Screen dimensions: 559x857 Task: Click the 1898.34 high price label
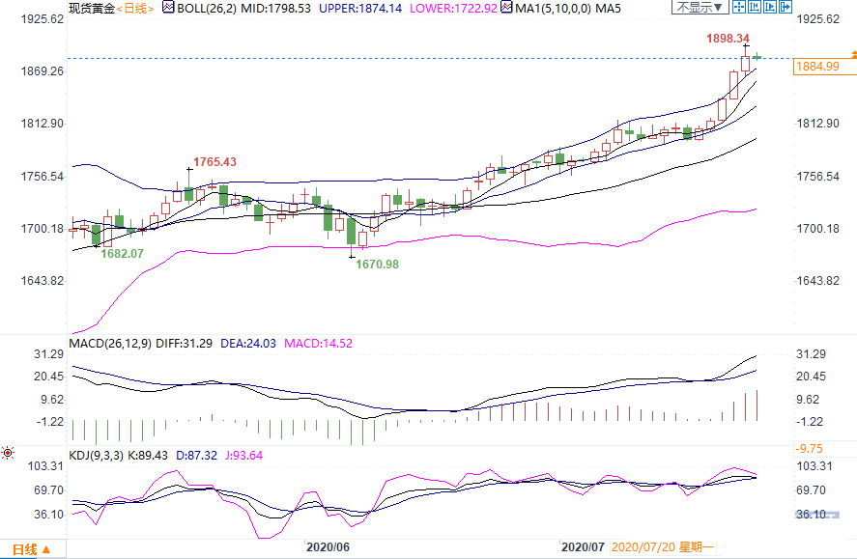pos(728,39)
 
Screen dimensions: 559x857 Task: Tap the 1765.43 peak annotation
pos(214,161)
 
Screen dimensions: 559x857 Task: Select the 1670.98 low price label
pos(378,264)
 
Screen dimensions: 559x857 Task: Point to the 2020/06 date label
pos(328,546)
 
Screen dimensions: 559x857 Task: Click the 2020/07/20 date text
pos(646,546)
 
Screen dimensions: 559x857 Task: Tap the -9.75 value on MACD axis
pos(810,448)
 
